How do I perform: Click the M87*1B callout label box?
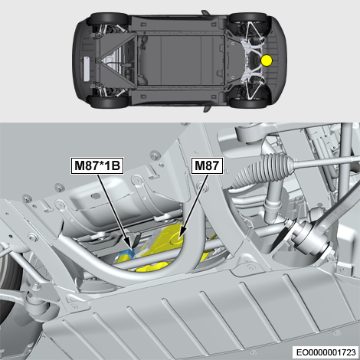[x=97, y=165]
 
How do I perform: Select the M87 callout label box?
[x=207, y=165]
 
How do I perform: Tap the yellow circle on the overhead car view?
[x=267, y=61]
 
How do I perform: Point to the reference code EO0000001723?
[x=326, y=352]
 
